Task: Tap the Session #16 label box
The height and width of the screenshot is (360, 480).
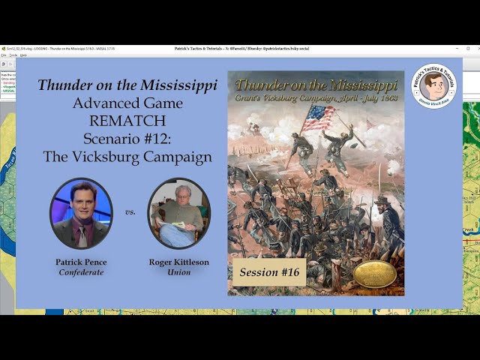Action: [x=268, y=272]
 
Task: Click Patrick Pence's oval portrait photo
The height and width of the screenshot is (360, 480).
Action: [x=81, y=213]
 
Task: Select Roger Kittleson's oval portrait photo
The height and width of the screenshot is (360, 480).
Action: [x=178, y=213]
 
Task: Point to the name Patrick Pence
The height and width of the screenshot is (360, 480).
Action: [x=81, y=262]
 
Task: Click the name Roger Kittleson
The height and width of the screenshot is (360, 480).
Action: [x=178, y=262]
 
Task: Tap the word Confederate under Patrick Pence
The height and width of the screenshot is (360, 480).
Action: [x=81, y=272]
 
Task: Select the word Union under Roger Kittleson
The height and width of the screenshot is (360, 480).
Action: [x=178, y=272]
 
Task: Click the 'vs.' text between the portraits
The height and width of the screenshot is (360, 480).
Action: [x=130, y=212]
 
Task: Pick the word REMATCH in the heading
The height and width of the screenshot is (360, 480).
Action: [x=127, y=121]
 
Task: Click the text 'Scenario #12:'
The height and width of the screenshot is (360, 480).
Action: [x=127, y=139]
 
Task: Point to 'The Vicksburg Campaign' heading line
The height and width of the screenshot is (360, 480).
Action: [x=127, y=157]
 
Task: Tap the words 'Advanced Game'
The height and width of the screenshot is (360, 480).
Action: [x=127, y=103]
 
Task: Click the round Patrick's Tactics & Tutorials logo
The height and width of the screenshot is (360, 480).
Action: [x=433, y=87]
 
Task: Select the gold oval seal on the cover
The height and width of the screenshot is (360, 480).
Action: [x=375, y=274]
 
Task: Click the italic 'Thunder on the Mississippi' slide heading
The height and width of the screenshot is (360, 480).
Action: [x=127, y=85]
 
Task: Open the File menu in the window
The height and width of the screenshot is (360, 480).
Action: [x=4, y=55]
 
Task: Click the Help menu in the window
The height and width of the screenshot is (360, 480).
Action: [x=23, y=55]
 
